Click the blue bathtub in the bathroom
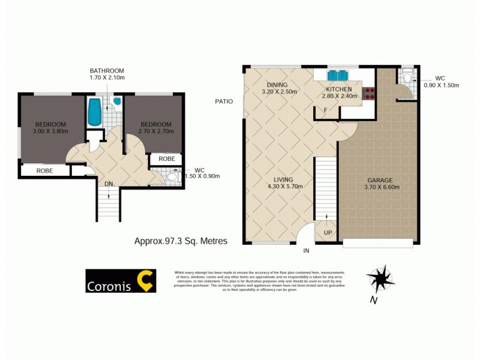point(95,112)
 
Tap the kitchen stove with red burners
point(368,93)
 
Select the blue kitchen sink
point(337,76)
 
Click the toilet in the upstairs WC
point(172,177)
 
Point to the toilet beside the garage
point(407,77)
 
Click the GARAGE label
point(380,180)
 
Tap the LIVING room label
point(283,179)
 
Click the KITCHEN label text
point(338,88)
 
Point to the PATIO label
point(224,101)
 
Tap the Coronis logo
point(121,280)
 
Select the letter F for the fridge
point(325,110)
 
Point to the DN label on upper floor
point(109,184)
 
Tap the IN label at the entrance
point(306,250)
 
